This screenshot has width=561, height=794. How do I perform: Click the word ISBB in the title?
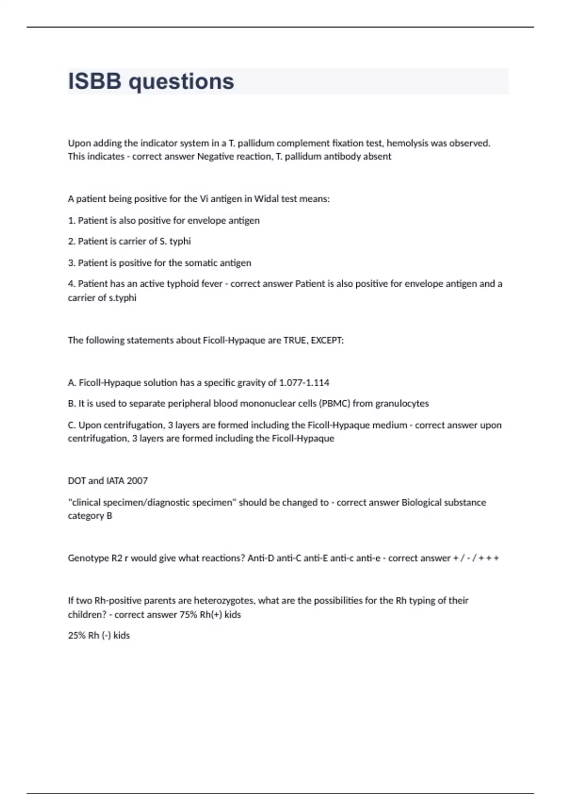pos(94,81)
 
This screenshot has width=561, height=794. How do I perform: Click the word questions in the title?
pos(181,82)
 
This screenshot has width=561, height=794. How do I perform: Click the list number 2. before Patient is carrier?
pos(72,241)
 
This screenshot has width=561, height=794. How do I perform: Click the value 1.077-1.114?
pos(304,383)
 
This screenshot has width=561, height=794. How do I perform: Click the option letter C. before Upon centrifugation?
pos(72,425)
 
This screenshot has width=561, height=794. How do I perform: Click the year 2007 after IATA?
pos(137,481)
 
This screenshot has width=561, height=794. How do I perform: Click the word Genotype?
pos(88,558)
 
